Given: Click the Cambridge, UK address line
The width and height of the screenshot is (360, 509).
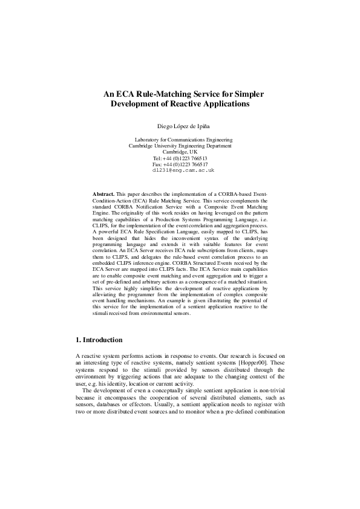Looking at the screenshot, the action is click(x=180, y=152).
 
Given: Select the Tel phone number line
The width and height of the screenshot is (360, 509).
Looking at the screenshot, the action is click(x=180, y=158).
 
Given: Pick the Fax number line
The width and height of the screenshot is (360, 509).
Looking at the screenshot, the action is click(x=180, y=164).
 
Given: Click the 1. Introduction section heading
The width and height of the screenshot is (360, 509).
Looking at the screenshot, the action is click(x=99, y=340).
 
